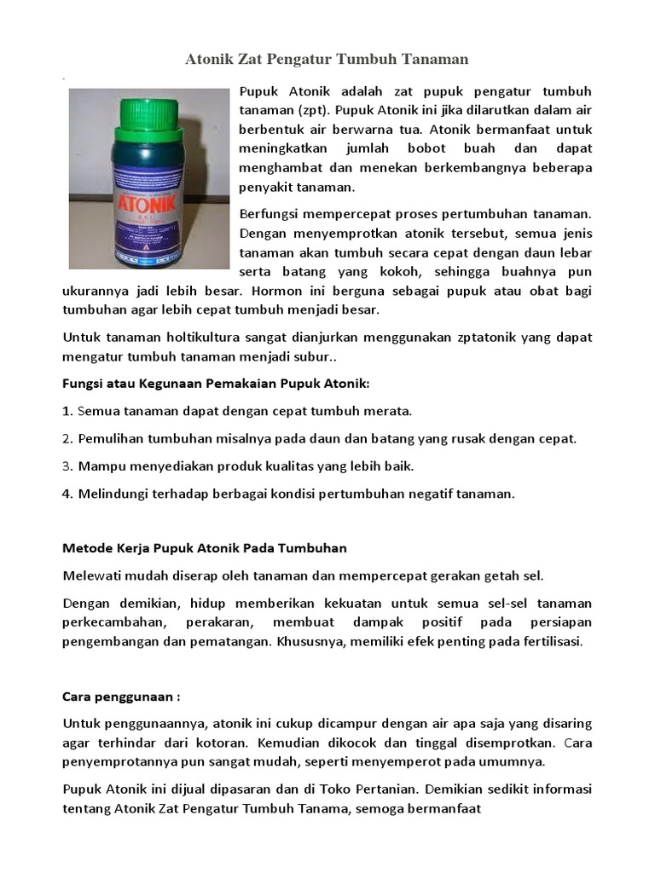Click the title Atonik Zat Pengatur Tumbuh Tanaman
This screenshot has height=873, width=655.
point(327,60)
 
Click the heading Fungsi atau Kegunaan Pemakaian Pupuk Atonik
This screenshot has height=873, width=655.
point(217,384)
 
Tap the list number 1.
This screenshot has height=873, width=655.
point(67,411)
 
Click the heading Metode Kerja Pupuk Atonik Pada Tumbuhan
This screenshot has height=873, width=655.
point(205,548)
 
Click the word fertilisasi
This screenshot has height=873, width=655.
point(544,641)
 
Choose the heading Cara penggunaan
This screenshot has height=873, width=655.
point(121,696)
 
